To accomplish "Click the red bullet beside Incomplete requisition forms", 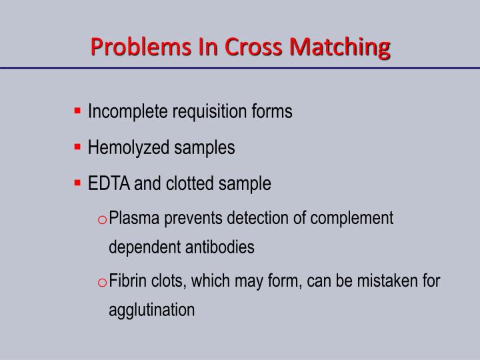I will pos(78,110).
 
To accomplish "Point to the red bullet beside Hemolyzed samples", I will pos(78,146).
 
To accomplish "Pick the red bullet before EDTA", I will pos(78,182).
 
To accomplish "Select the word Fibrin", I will pos(130,280).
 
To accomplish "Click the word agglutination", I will pos(152,310).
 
